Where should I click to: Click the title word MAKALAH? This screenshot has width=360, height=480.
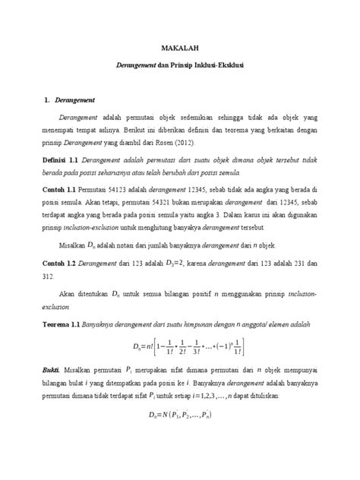tap(179, 48)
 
